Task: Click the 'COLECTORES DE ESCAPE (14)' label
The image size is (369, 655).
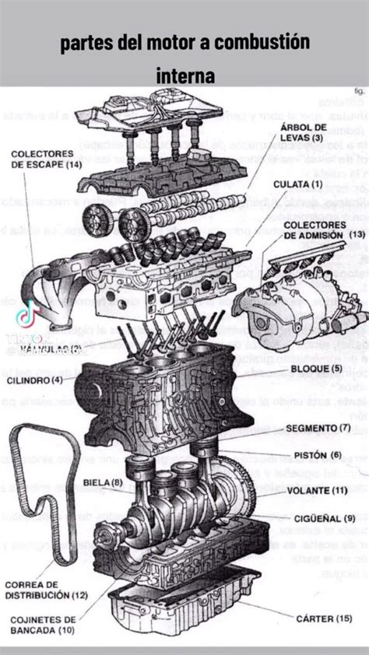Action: (x=46, y=159)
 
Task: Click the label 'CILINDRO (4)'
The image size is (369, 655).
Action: (x=36, y=380)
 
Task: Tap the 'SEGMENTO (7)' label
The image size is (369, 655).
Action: (x=318, y=428)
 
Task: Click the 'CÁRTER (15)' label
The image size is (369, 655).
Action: (x=324, y=619)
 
